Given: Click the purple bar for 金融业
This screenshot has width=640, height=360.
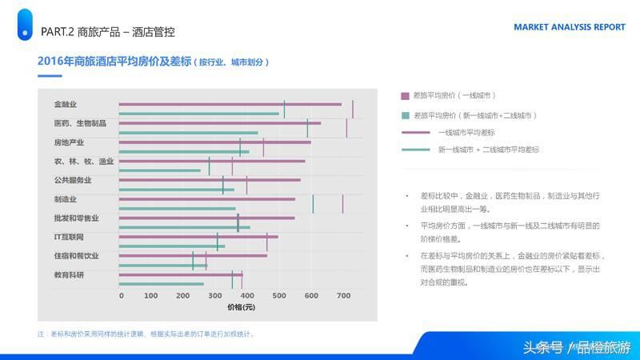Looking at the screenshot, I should click(x=230, y=104).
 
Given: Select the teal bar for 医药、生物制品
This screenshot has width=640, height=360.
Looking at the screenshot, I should click(x=188, y=133).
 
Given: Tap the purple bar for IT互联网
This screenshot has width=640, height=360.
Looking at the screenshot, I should click(x=198, y=237).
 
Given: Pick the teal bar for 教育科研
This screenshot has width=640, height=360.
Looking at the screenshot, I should click(x=161, y=284).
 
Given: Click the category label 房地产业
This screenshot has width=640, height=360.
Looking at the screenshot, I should click(x=69, y=142).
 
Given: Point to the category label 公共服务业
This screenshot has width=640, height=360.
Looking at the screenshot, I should click(x=73, y=180).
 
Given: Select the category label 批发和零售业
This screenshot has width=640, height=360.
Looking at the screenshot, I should click(x=77, y=218).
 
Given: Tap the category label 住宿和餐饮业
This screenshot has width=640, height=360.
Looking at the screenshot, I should click(x=77, y=256).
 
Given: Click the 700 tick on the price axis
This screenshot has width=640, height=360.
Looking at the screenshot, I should click(x=343, y=296).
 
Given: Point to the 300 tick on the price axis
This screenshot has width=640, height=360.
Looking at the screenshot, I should click(x=216, y=296).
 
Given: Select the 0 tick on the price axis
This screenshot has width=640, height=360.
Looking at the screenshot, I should click(x=122, y=296).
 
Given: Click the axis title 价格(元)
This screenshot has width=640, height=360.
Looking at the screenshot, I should click(x=240, y=308).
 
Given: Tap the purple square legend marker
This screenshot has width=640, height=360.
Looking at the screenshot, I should click(x=405, y=95).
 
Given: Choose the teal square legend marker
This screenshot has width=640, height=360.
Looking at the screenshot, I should click(x=405, y=115).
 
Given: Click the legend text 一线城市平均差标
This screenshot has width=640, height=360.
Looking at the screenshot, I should click(x=466, y=132).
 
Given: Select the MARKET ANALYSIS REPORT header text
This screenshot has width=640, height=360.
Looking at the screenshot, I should click(x=570, y=26).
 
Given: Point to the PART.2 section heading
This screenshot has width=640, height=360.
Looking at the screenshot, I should click(x=107, y=32).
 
